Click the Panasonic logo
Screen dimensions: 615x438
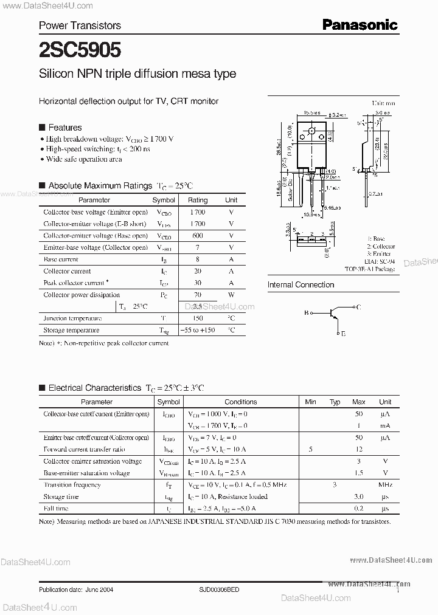point(360,24)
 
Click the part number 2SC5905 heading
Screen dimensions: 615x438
point(80,48)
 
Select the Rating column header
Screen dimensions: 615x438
point(198,200)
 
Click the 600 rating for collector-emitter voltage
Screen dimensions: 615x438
point(197,236)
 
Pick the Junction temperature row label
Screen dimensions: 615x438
point(72,318)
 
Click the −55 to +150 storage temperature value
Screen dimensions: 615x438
point(197,330)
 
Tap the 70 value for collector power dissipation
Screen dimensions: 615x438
point(197,295)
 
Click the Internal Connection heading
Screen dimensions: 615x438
point(301,284)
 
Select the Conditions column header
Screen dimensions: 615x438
point(240,402)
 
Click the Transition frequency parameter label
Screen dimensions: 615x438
point(72,485)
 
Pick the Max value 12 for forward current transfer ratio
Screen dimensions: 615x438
point(359,449)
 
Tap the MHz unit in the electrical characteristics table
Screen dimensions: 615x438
point(384,485)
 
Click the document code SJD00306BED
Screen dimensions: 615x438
point(224,589)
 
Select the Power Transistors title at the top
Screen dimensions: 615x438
point(80,26)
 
